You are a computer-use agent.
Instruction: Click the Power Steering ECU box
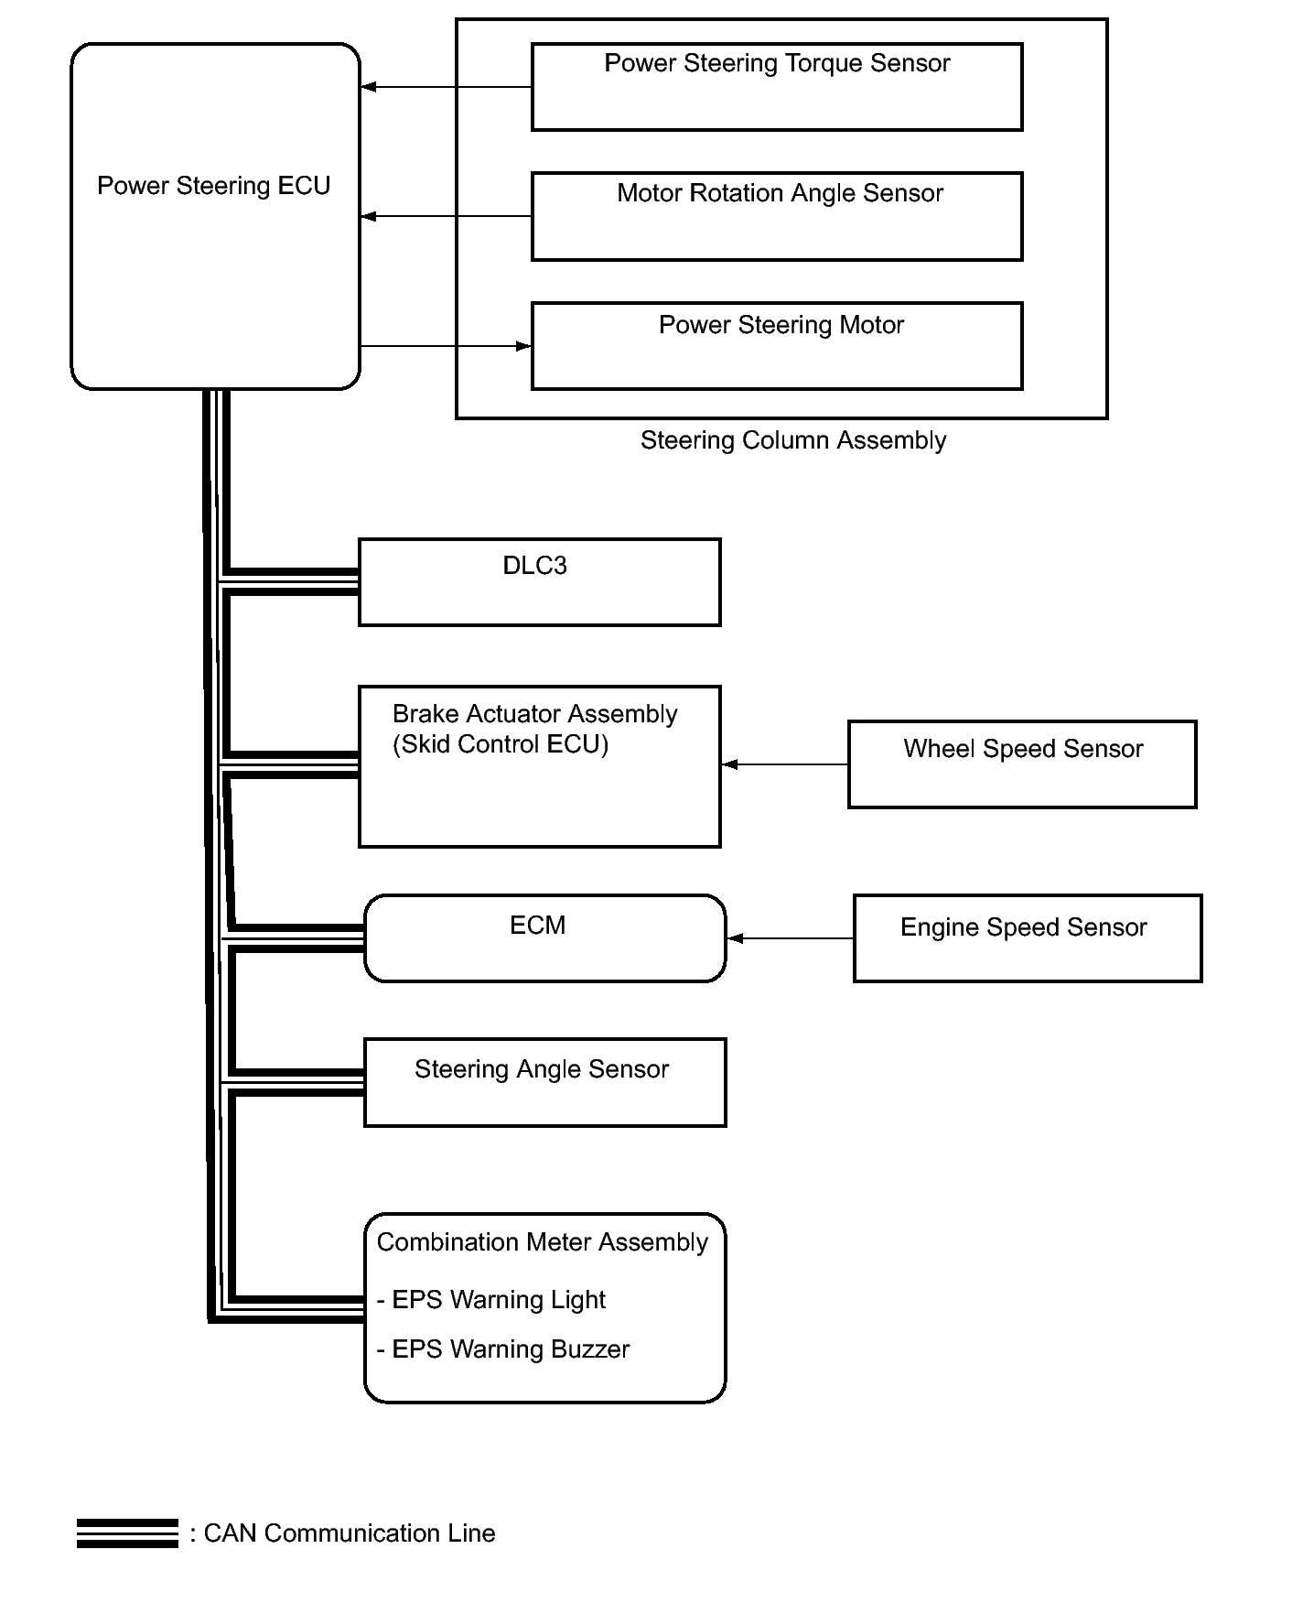pyautogui.click(x=215, y=216)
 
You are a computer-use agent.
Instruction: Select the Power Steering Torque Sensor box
pyautogui.click(x=777, y=87)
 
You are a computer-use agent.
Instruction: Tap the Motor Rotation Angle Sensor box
pyautogui.click(x=777, y=216)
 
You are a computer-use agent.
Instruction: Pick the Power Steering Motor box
pyautogui.click(x=777, y=346)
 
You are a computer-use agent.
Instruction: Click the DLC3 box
pyautogui.click(x=540, y=582)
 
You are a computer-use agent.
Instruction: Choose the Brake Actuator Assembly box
pyautogui.click(x=540, y=766)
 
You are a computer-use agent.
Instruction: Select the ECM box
pyautogui.click(x=545, y=938)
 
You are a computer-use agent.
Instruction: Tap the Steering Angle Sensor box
pyautogui.click(x=545, y=1082)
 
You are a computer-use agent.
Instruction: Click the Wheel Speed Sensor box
pyautogui.click(x=1022, y=764)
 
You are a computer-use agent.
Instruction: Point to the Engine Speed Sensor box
pyautogui.click(x=1028, y=938)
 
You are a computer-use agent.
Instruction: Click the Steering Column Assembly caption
pyautogui.click(x=793, y=441)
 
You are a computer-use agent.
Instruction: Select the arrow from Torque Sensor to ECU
pyautogui.click(x=447, y=87)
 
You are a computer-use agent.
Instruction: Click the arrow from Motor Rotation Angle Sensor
pyautogui.click(x=447, y=216)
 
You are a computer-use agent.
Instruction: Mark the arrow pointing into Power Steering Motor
pyautogui.click(x=447, y=346)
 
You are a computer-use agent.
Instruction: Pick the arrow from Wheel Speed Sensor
pyautogui.click(x=785, y=764)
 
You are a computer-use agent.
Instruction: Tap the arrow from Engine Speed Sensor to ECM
pyautogui.click(x=791, y=938)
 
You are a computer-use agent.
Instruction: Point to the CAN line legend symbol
pyautogui.click(x=127, y=1533)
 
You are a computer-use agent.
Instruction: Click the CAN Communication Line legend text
pyautogui.click(x=350, y=1533)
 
